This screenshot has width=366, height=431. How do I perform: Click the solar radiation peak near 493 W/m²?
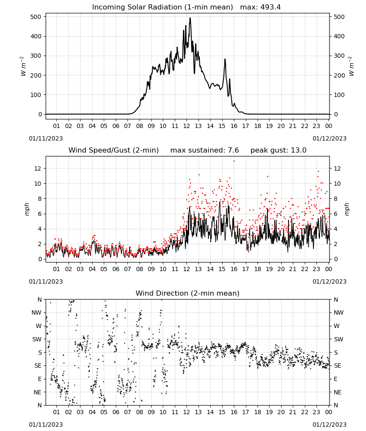pyautogui.click(x=190, y=18)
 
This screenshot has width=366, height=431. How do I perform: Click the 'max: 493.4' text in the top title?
pyautogui.click(x=261, y=7)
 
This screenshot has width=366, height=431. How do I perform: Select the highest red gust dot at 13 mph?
pyautogui.click(x=234, y=161)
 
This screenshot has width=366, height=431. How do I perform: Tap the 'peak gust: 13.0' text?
pyautogui.click(x=278, y=150)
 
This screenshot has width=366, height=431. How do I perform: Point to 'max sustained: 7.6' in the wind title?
pyautogui.click(x=205, y=150)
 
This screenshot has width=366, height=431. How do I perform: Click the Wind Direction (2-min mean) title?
pyautogui.click(x=188, y=293)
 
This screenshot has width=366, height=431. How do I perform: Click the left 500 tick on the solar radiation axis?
pyautogui.click(x=36, y=17)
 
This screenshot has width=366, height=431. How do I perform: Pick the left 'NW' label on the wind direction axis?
pyautogui.click(x=37, y=312)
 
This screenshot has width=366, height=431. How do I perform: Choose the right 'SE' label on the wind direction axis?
pyautogui.click(x=338, y=365)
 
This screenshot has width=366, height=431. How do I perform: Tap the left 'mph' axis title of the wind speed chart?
pyautogui.click(x=27, y=209)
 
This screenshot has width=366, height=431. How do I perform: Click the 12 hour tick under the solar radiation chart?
pyautogui.click(x=186, y=126)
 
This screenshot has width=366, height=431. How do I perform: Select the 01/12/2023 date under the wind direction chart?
pyautogui.click(x=329, y=425)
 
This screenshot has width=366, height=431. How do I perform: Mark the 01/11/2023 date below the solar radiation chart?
pyautogui.click(x=46, y=138)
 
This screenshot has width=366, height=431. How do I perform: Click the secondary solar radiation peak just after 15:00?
pyautogui.click(x=225, y=59)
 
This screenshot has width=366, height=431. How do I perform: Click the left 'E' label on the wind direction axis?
pyautogui.click(x=40, y=379)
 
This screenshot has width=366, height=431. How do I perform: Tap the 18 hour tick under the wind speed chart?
pyautogui.click(x=257, y=269)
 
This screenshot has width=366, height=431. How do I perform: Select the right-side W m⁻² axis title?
pyautogui.click(x=351, y=66)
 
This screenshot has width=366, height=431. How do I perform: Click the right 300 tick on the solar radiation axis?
pyautogui.click(x=339, y=56)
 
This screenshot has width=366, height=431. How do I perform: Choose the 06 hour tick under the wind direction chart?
pyautogui.click(x=115, y=412)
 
